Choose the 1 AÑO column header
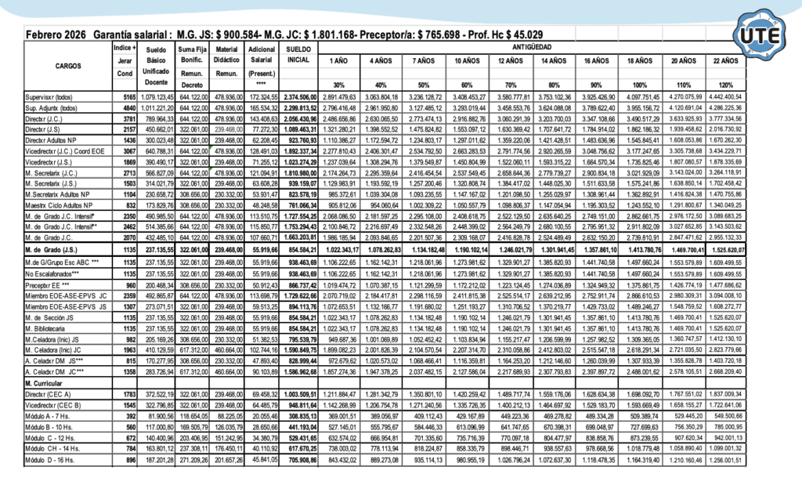coord(338,60)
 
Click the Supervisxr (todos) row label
coord(49,96)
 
